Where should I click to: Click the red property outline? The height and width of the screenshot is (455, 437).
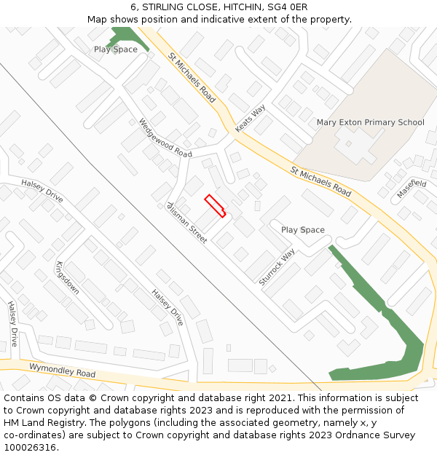[215, 206]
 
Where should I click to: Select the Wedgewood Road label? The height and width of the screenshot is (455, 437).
[165, 138]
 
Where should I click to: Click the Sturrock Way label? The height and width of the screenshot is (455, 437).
[277, 266]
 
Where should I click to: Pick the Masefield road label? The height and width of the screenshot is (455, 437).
[412, 189]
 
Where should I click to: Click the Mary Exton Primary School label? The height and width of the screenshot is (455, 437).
[370, 122]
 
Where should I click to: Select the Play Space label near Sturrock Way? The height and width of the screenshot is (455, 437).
[303, 230]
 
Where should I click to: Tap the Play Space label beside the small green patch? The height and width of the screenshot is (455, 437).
[115, 50]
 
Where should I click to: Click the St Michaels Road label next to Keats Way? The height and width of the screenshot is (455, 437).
[192, 76]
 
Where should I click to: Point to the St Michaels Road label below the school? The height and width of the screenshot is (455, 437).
[321, 182]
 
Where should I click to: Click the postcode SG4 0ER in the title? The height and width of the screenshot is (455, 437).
[287, 7]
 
